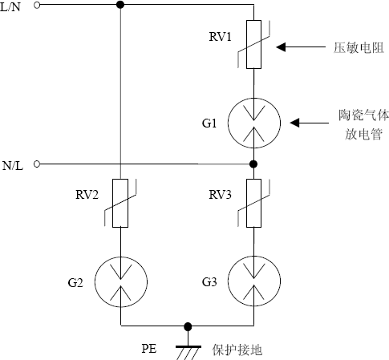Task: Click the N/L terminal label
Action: (x=11, y=164)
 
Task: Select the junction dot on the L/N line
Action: (x=120, y=6)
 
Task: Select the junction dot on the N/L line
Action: (x=253, y=164)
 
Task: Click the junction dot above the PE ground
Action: (x=188, y=326)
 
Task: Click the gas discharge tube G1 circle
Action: (x=253, y=122)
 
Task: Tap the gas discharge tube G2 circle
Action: (x=120, y=281)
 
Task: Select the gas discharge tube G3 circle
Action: (x=253, y=281)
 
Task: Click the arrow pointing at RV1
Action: (x=301, y=47)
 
